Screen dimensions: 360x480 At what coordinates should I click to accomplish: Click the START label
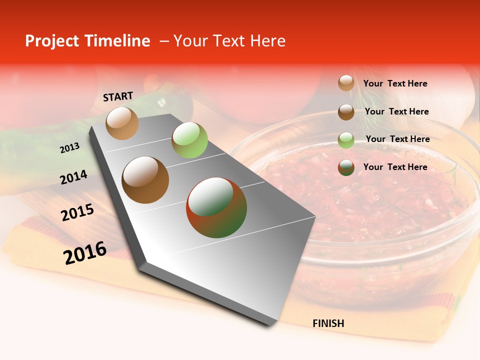click(x=118, y=96)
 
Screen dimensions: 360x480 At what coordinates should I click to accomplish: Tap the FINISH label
click(x=328, y=323)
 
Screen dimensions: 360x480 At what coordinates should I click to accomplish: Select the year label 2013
click(x=69, y=147)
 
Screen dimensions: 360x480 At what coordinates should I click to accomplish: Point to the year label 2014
click(x=73, y=177)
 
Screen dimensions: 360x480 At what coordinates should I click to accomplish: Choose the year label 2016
click(x=85, y=252)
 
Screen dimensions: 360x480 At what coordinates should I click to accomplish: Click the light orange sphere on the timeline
click(x=122, y=123)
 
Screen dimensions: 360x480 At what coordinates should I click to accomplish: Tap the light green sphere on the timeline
click(x=189, y=139)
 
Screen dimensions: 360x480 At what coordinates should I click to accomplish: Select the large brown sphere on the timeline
click(x=145, y=179)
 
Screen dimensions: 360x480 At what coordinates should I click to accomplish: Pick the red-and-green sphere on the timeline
click(x=216, y=207)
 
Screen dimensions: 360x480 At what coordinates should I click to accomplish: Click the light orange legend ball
click(x=346, y=83)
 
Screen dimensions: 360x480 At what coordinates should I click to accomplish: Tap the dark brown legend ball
click(x=346, y=111)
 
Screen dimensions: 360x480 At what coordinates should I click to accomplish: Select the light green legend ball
click(x=346, y=139)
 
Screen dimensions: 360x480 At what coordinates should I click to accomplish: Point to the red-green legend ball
click(x=346, y=167)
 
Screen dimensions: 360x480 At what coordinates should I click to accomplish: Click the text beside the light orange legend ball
click(x=395, y=83)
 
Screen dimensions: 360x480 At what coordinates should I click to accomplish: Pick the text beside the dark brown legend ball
click(x=396, y=111)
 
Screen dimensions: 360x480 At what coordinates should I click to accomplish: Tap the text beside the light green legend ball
click(x=397, y=139)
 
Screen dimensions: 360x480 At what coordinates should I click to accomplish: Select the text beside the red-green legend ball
click(x=395, y=167)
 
